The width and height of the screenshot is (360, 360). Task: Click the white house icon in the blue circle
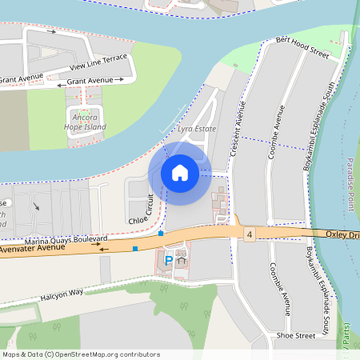[180, 172]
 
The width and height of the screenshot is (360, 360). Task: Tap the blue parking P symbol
[168, 259]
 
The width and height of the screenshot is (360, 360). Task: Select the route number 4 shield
[250, 234]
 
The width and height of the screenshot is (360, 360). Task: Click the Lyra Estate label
[197, 128]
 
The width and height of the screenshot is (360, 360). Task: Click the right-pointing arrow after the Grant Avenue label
[129, 81]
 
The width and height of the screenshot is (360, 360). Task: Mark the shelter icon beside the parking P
[182, 259]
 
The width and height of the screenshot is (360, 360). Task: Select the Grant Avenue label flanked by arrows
[90, 82]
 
